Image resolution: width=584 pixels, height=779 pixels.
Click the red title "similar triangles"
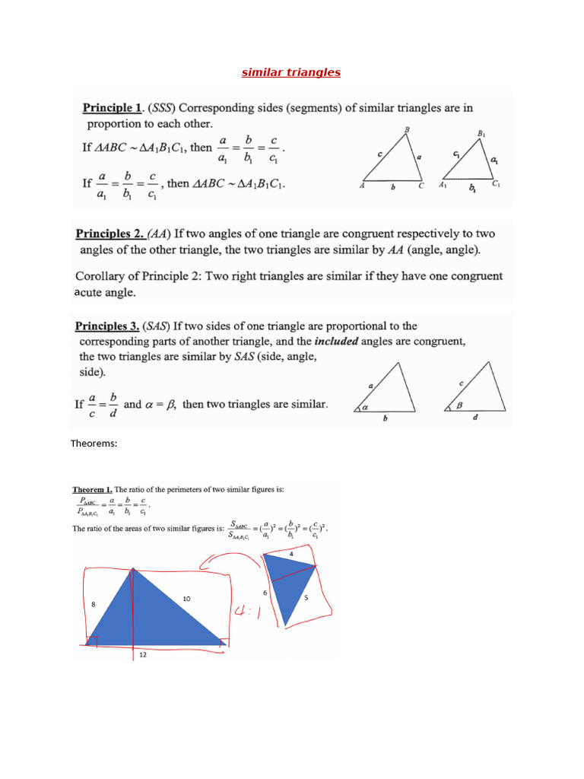(291, 72)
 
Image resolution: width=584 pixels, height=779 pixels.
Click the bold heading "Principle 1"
(113, 109)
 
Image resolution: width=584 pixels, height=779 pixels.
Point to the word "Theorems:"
(94, 444)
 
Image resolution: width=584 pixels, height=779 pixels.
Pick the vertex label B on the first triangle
(408, 130)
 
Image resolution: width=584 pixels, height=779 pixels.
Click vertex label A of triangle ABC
(363, 185)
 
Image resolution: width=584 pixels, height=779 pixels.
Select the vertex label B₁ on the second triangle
(481, 134)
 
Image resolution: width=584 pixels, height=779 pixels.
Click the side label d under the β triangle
(475, 417)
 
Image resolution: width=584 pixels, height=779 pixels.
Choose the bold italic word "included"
(336, 342)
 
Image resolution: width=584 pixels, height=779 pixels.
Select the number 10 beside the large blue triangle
(186, 599)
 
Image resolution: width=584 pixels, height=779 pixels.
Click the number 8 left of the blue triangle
(93, 604)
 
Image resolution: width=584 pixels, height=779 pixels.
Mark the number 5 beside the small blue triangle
(306, 597)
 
